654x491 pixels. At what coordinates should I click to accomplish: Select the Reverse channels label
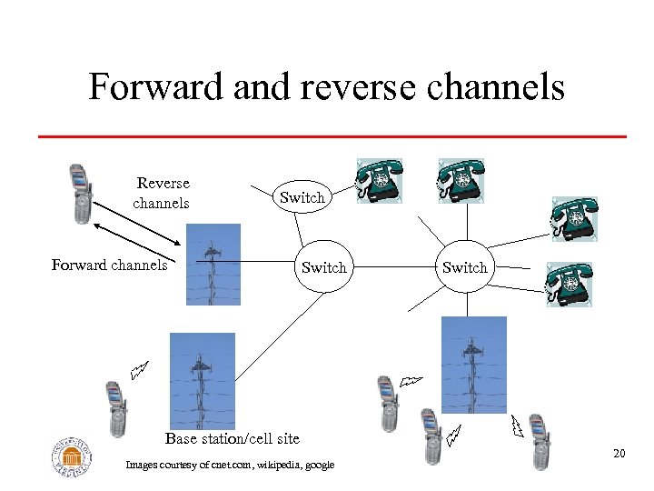162,193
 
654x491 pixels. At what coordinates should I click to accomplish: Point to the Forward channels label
109,265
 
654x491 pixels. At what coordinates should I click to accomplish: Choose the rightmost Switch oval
464,267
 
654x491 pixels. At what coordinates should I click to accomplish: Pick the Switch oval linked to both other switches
323,267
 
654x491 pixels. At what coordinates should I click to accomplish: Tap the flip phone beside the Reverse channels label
82,193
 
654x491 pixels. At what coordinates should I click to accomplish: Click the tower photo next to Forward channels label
213,264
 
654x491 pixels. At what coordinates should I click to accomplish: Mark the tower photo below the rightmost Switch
473,365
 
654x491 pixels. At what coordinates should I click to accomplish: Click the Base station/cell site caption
232,438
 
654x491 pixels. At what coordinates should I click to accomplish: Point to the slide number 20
619,453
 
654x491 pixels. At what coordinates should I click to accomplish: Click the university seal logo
72,457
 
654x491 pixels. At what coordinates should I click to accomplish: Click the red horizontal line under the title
332,136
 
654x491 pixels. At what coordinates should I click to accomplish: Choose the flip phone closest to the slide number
540,442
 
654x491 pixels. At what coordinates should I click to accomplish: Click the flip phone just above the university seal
115,408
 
